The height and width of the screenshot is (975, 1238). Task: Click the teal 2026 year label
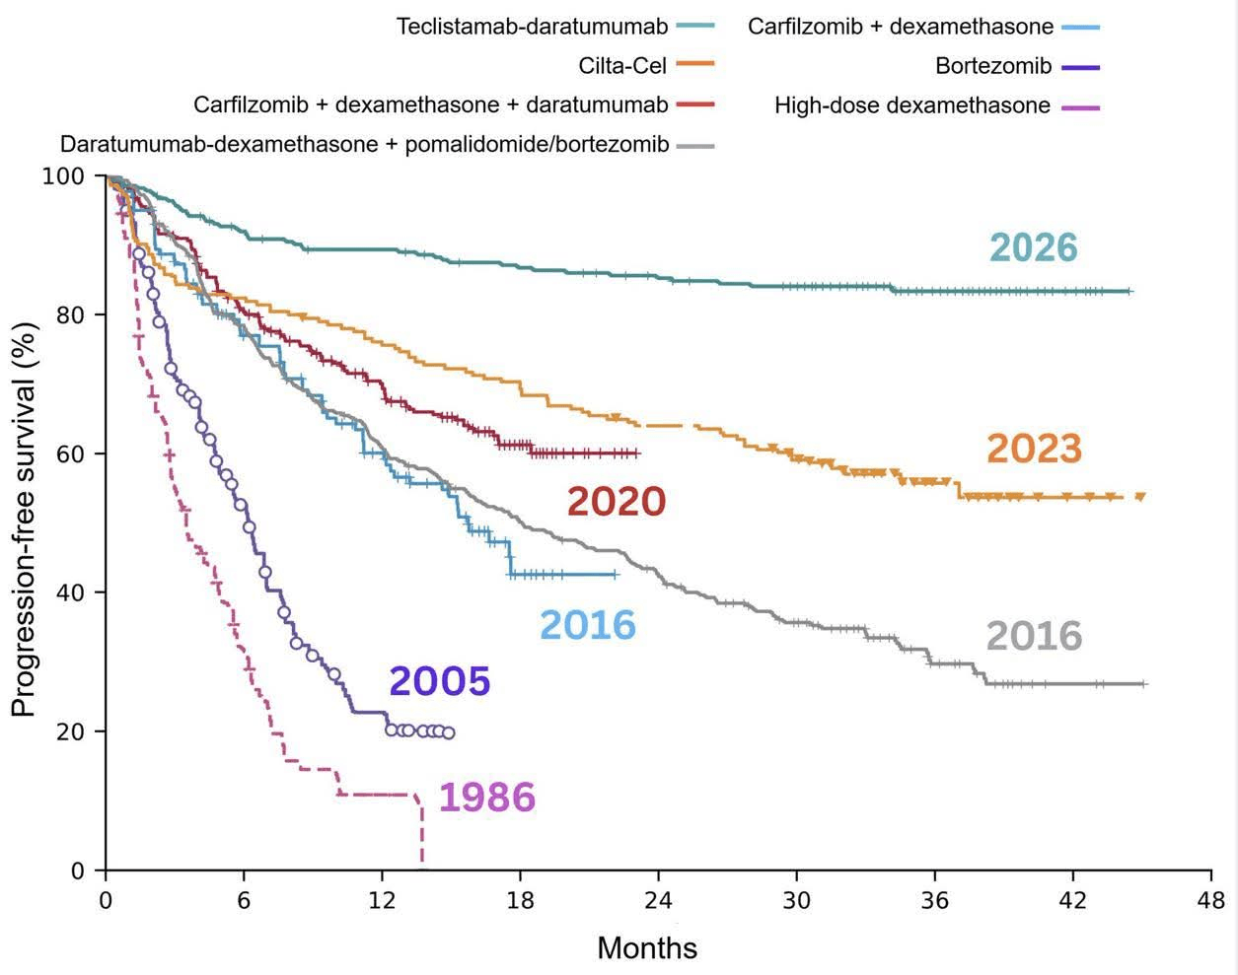point(1033,247)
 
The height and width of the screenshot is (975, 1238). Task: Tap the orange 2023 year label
point(1034,449)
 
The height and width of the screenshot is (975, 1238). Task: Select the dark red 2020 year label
point(617,502)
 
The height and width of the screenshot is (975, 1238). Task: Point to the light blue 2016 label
point(587,625)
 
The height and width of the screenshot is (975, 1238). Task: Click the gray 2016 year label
point(1034,636)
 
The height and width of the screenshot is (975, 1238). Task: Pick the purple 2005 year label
point(439,681)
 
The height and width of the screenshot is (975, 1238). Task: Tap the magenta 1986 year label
point(486,798)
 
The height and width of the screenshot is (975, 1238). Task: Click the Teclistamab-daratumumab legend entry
point(532,27)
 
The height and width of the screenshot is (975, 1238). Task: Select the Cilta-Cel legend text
point(623,66)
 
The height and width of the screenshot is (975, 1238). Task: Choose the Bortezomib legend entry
point(993,67)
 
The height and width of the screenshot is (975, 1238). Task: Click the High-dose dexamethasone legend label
point(912,105)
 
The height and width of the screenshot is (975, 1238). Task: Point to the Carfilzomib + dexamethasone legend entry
point(901,27)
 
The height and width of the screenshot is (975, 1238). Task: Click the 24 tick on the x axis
point(658,900)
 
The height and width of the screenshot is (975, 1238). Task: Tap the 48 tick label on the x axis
point(1210,900)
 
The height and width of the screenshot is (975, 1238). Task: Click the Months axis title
point(647,948)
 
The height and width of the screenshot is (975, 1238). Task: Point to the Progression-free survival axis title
point(23,523)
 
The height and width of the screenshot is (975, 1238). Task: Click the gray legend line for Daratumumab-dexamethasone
point(696,145)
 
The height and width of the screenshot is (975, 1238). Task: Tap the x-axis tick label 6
point(244,900)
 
